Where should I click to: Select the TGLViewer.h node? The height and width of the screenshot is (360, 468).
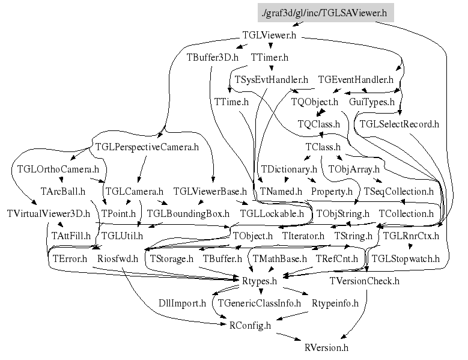(x=269, y=36)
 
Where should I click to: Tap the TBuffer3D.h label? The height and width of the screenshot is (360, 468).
(x=213, y=58)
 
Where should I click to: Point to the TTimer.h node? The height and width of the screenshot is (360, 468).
(x=270, y=58)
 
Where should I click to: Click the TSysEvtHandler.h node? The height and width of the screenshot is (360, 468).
(x=271, y=80)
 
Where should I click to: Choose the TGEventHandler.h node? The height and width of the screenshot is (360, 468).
(x=356, y=80)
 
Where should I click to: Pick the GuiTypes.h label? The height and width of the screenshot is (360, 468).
(x=372, y=102)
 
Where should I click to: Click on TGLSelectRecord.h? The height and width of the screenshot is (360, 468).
(x=399, y=124)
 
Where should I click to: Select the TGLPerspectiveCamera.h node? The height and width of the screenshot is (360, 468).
(x=147, y=147)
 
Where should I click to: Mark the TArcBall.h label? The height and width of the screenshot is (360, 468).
(x=62, y=191)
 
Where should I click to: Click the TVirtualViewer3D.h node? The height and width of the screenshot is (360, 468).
(x=48, y=213)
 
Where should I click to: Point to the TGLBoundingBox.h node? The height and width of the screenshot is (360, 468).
(x=188, y=213)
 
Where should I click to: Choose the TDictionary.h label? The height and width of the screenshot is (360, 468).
(x=288, y=169)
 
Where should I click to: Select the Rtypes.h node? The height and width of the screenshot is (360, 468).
(x=259, y=281)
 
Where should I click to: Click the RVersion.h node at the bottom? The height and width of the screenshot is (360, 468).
(x=326, y=347)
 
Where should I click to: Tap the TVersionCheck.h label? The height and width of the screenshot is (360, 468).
(x=364, y=281)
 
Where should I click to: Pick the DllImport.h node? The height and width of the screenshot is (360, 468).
(x=183, y=303)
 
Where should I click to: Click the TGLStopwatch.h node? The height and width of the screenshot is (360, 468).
(x=406, y=258)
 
